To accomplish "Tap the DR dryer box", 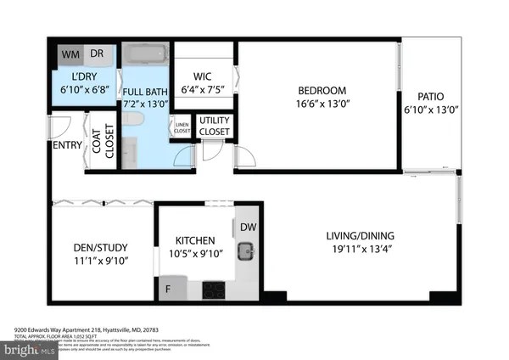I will pyautogui.click(x=98, y=53).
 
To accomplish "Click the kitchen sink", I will pyautogui.click(x=247, y=249).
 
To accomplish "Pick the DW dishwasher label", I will pyautogui.click(x=247, y=227).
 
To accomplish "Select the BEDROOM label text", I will pyautogui.click(x=321, y=91).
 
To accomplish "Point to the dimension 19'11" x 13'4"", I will pyautogui.click(x=361, y=250).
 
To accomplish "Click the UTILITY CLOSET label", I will pyautogui.click(x=214, y=127).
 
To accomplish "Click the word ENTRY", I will pyautogui.click(x=67, y=145).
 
